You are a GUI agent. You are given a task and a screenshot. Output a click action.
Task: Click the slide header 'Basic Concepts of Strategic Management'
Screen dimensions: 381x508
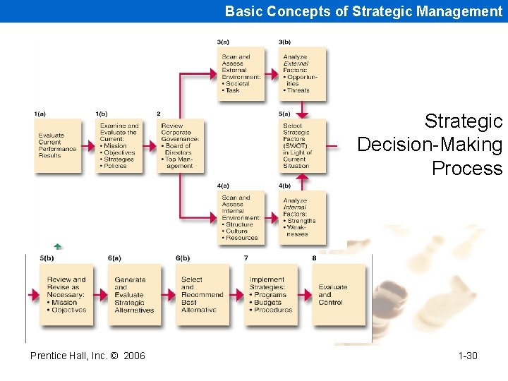click(x=363, y=11)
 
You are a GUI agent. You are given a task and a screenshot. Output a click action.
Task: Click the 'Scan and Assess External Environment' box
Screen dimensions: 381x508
click(x=241, y=73)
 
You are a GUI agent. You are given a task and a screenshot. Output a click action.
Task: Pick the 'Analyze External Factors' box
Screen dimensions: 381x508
click(x=302, y=73)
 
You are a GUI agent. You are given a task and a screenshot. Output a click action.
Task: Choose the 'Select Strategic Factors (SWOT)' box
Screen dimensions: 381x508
click(x=302, y=145)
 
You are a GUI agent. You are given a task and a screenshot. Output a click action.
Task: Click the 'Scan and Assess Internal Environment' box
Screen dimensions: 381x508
click(x=241, y=217)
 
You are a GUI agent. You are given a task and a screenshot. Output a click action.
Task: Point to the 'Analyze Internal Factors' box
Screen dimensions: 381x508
click(x=302, y=217)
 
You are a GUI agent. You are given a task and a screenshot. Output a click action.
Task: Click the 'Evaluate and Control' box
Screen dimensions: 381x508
click(x=337, y=294)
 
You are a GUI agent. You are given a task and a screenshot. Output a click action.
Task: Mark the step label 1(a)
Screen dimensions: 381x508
click(x=41, y=114)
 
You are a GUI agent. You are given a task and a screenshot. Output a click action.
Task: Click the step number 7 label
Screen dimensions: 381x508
click(x=246, y=258)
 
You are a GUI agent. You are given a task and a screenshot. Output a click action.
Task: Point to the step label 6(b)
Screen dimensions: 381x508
click(x=183, y=258)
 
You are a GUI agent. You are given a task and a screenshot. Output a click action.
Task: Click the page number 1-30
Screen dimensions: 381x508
click(x=467, y=356)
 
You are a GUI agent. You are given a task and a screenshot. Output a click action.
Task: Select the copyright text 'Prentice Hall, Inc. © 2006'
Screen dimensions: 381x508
click(x=87, y=356)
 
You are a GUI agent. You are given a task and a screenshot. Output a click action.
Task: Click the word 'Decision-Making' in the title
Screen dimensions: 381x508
click(x=430, y=145)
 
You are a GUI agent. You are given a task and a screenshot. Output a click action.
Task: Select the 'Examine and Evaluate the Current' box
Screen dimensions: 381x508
click(x=119, y=145)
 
